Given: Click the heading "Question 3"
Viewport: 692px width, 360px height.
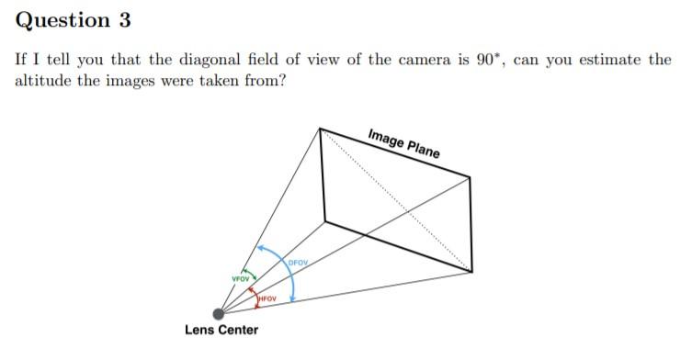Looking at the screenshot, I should pyautogui.click(x=71, y=19).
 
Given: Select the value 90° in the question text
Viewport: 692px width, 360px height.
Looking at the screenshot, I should pyautogui.click(x=488, y=60).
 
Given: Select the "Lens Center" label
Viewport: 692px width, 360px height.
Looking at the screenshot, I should pyautogui.click(x=221, y=330).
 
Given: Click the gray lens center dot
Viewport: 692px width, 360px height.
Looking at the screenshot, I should pyautogui.click(x=219, y=313).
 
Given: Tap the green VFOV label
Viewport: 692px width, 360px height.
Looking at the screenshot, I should pyautogui.click(x=241, y=278).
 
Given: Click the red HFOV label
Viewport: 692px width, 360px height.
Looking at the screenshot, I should pyautogui.click(x=267, y=298).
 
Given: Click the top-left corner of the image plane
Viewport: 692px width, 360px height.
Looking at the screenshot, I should pyautogui.click(x=319, y=128).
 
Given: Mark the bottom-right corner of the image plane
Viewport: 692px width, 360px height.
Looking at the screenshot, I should pyautogui.click(x=472, y=272).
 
